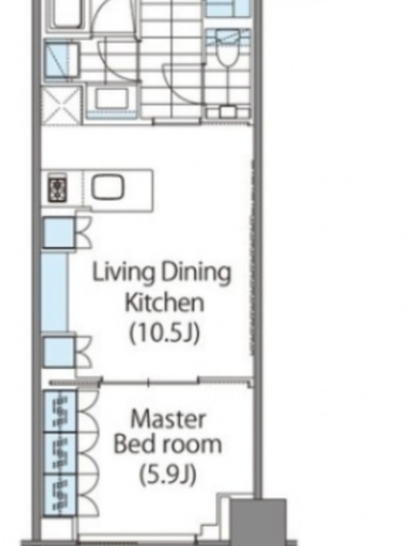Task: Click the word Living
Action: pyautogui.click(x=123, y=272)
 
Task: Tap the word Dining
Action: pyautogui.click(x=196, y=272)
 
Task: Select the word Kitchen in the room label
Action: pyautogui.click(x=164, y=302)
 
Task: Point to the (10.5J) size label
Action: pyautogui.click(x=165, y=333)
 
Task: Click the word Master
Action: pyautogui.click(x=168, y=419)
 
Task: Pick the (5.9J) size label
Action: pyautogui.click(x=167, y=474)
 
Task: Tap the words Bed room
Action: pyautogui.click(x=167, y=444)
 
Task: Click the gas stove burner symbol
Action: pyautogui.click(x=57, y=189)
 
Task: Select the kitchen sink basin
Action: pyautogui.click(x=107, y=187)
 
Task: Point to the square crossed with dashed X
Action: pyautogui.click(x=61, y=105)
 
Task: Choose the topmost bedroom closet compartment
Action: pyautogui.click(x=59, y=412)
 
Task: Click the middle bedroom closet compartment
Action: pyautogui.click(x=59, y=453)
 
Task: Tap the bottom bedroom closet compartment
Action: pyautogui.click(x=59, y=495)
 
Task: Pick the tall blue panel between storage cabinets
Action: pyautogui.click(x=55, y=292)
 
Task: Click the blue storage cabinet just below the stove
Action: pyautogui.click(x=59, y=232)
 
